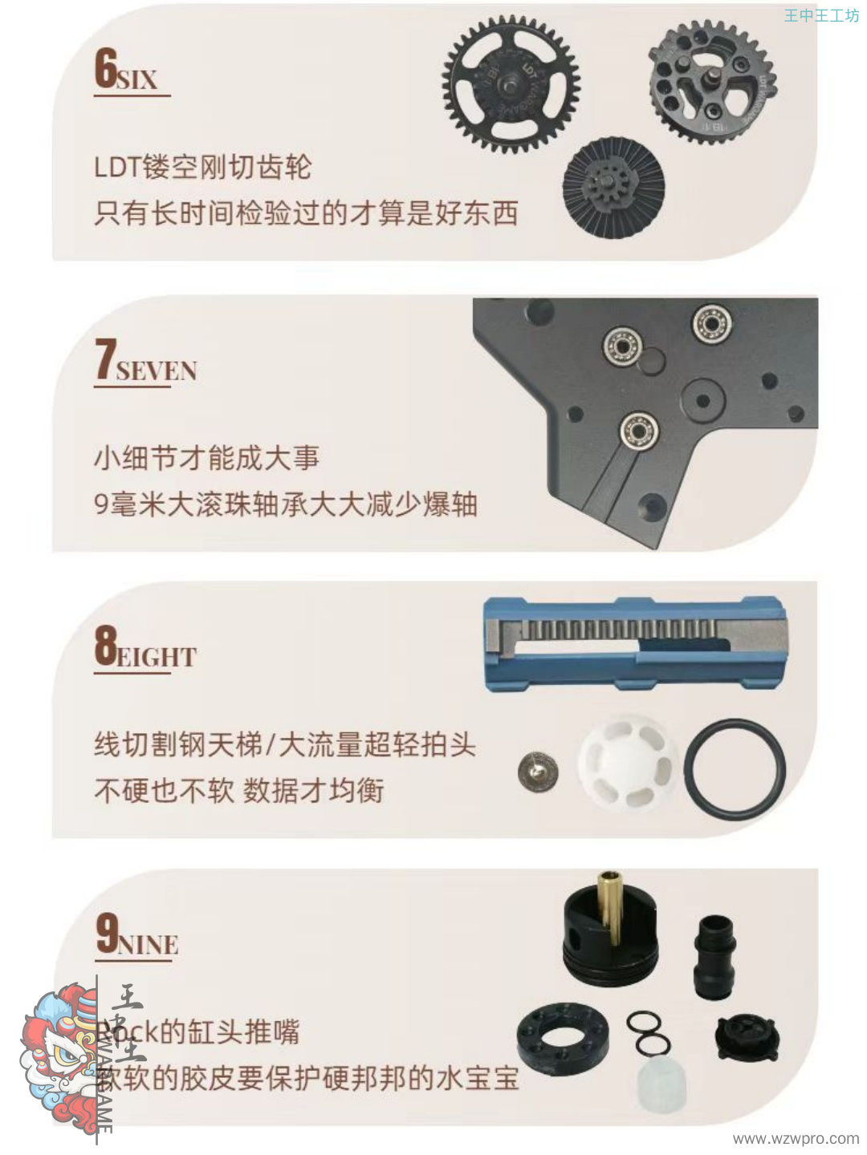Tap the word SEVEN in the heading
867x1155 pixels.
point(157,371)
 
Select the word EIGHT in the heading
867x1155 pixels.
point(157,658)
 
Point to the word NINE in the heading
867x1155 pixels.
point(149,945)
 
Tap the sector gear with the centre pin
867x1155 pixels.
point(711,83)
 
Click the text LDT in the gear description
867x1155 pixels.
point(117,168)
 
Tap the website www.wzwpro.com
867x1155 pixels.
point(795,1138)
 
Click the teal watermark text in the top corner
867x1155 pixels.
point(820,15)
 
